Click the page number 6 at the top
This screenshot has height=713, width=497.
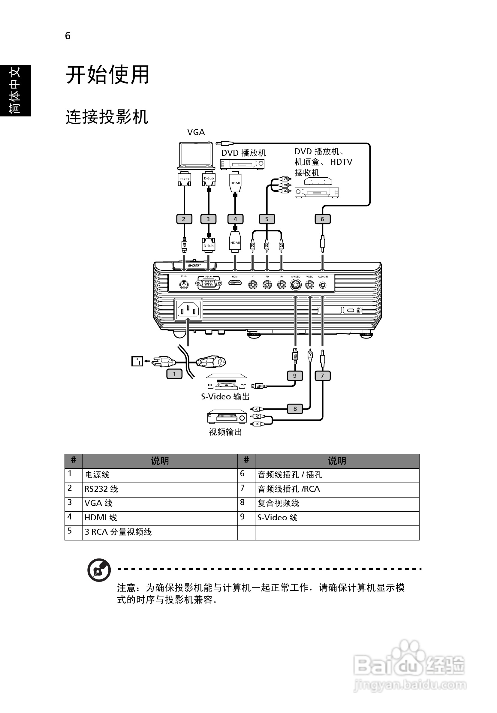coord(68,36)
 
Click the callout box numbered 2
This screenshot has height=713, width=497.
coord(184,219)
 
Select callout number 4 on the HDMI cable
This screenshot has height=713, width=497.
coord(235,219)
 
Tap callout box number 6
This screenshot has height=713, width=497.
coord(322,219)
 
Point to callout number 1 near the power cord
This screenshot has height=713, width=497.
coord(174,374)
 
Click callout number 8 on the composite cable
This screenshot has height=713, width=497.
coord(295,409)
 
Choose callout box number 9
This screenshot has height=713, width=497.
coord(294,376)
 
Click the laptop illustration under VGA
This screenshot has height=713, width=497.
coord(196,155)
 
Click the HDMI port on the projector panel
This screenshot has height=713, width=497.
coord(235,283)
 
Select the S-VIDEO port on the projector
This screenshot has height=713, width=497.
coord(295,284)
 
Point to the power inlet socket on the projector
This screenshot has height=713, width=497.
coord(188,310)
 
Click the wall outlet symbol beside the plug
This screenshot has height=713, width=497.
coord(137,361)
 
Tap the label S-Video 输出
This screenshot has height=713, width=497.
coord(225,396)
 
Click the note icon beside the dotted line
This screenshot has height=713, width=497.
coord(99,570)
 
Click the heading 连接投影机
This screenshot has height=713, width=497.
coord(107,117)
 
